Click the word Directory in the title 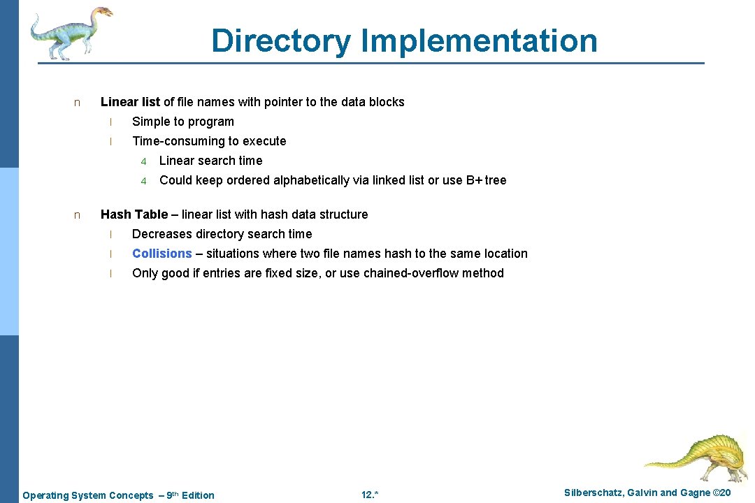tap(280, 41)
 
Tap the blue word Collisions tap(161, 254)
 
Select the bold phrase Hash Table tap(134, 214)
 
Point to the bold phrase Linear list tap(130, 102)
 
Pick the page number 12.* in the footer tap(370, 495)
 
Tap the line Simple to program tap(183, 122)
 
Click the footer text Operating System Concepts tap(88, 495)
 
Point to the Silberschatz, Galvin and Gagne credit tap(647, 493)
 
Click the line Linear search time tap(210, 161)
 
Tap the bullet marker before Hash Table tap(77, 215)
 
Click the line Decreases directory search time tap(222, 234)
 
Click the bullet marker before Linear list tap(77, 103)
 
